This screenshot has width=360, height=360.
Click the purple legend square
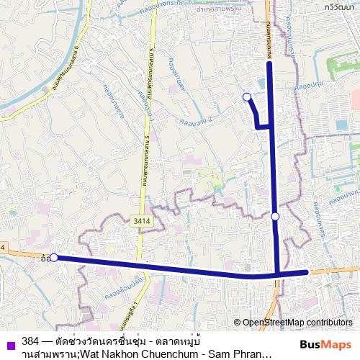click(8, 343)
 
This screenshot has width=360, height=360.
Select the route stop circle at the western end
click(54, 257)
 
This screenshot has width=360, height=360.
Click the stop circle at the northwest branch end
click(247, 96)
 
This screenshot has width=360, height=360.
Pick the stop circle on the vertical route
click(275, 215)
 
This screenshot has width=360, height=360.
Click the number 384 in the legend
click(31, 340)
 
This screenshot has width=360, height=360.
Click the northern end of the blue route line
click(269, 64)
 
